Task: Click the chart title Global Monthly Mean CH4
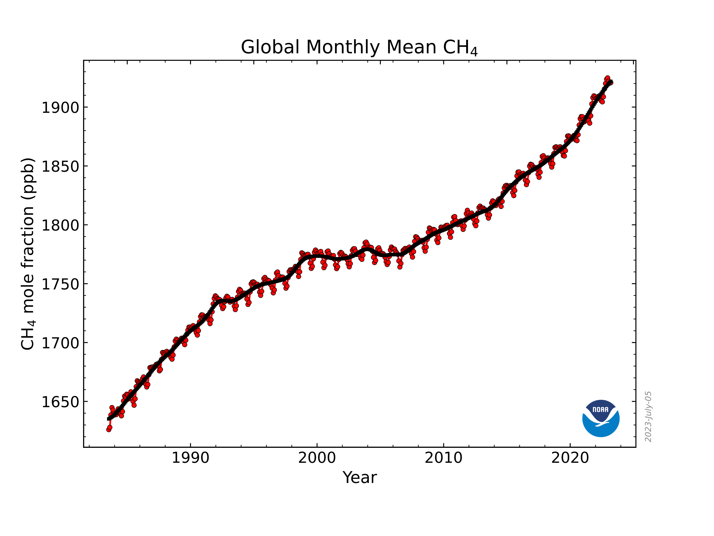359,47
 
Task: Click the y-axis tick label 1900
60,107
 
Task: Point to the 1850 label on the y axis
60,167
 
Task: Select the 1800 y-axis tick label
60,225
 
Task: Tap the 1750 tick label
60,284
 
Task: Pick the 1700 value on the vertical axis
60,343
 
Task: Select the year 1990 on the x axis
190,458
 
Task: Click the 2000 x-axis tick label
317,458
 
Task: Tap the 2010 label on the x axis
444,458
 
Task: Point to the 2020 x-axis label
570,458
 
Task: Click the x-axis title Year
360,478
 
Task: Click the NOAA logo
601,418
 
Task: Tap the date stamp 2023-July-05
648,417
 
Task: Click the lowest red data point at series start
109,429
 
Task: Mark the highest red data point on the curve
607,79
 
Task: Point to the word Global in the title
270,47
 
